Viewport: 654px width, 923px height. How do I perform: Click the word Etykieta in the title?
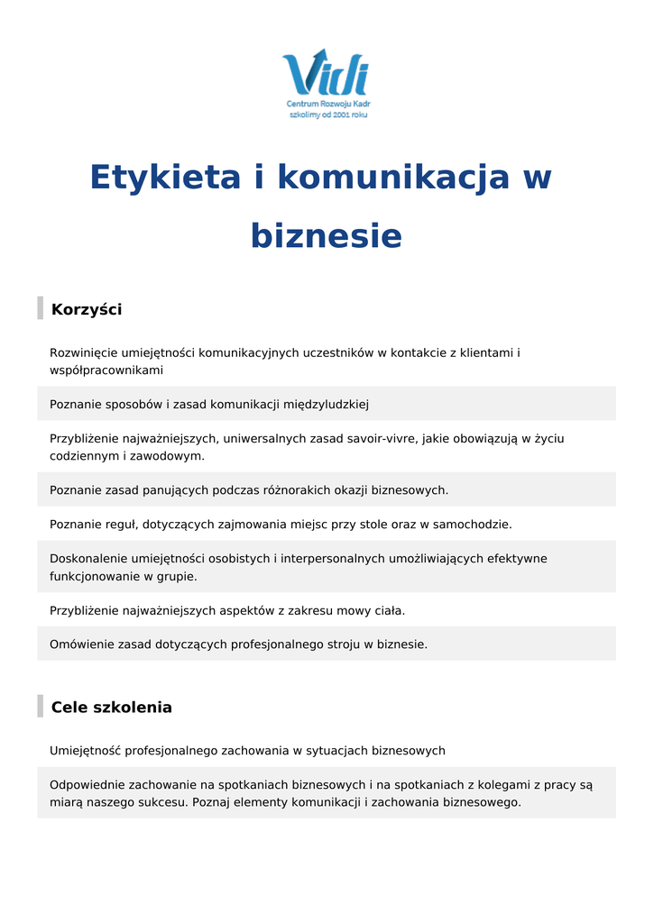pos(165,177)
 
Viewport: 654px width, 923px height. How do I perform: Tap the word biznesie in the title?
pos(326,236)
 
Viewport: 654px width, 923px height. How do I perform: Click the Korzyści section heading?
pos(87,310)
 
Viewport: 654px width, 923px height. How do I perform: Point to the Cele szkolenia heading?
pos(111,708)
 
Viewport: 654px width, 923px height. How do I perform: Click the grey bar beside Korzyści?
pos(40,308)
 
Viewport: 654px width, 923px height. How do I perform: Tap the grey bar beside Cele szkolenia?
pos(40,706)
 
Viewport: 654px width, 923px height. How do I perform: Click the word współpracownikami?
pos(106,370)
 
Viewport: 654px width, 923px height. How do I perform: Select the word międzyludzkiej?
pos(327,405)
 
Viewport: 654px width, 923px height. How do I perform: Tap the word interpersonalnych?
pos(333,559)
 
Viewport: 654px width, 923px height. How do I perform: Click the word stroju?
pos(342,644)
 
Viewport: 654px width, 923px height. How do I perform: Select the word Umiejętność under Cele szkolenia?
pos(85,751)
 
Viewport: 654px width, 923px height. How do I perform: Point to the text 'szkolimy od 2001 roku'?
pos(328,115)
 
